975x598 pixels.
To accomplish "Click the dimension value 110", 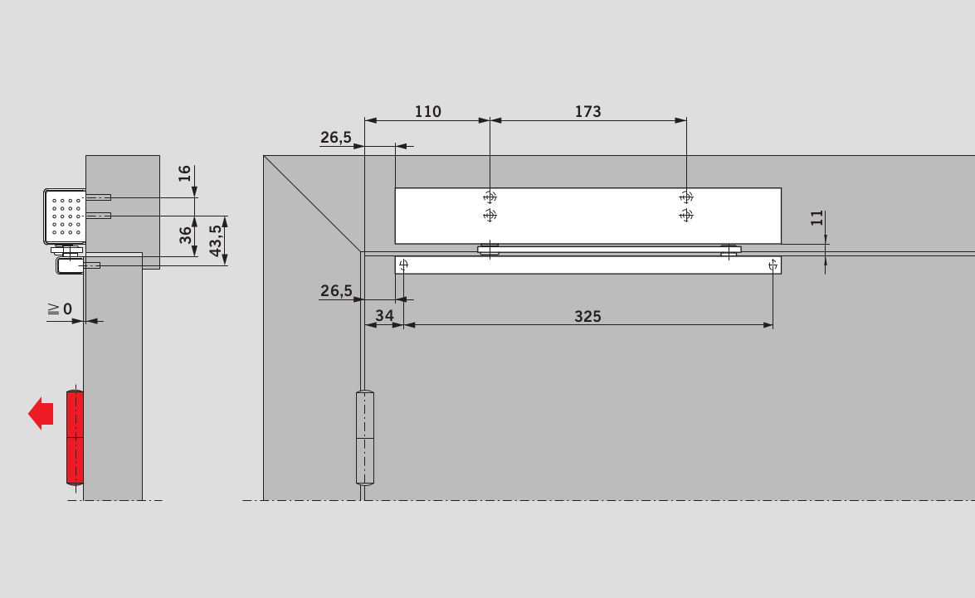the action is pyautogui.click(x=428, y=111).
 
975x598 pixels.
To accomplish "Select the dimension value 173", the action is pyautogui.click(x=587, y=111).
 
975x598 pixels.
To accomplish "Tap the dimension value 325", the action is pyautogui.click(x=587, y=316).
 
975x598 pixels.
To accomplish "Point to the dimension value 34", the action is pyautogui.click(x=384, y=316).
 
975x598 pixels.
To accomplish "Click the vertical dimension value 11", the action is pyautogui.click(x=817, y=218).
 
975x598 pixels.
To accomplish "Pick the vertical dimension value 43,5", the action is pyautogui.click(x=215, y=241).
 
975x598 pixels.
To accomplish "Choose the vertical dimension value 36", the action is pyautogui.click(x=185, y=235).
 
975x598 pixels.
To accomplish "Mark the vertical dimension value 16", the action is pyautogui.click(x=185, y=173).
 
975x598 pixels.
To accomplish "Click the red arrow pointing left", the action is pyautogui.click(x=41, y=413).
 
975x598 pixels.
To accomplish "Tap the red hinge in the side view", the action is pyautogui.click(x=75, y=437).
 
